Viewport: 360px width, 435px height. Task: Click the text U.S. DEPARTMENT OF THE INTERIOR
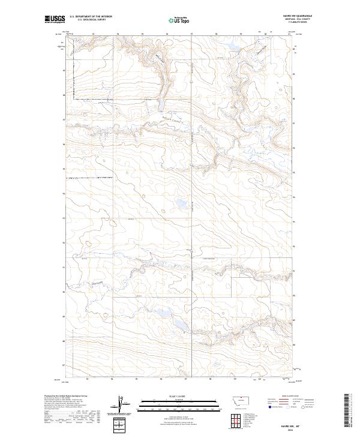tap(91, 17)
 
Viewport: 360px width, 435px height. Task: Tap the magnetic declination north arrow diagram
tap(122, 404)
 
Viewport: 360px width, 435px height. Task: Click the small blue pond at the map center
tap(180, 206)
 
